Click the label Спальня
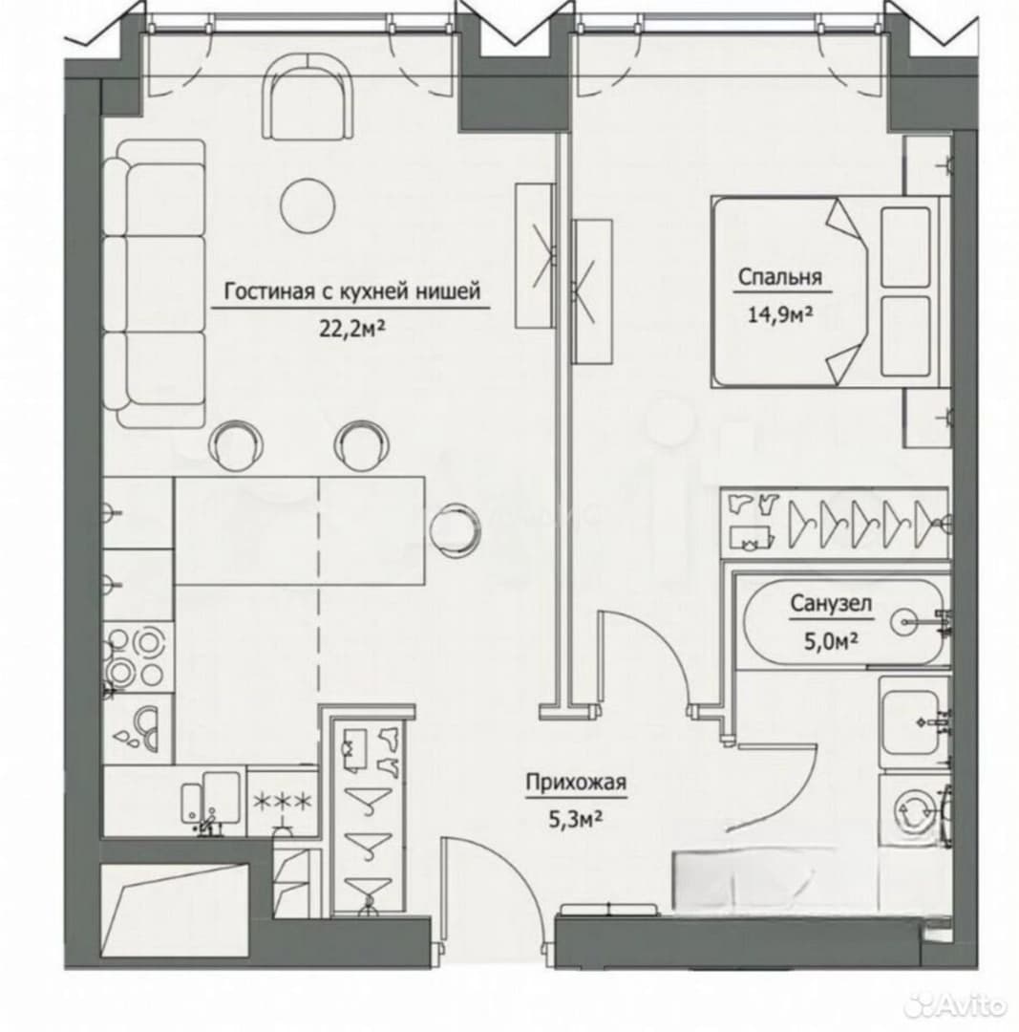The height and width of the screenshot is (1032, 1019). (x=779, y=277)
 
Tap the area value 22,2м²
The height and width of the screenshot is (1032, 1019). (x=352, y=327)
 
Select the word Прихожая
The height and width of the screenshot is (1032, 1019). (x=576, y=783)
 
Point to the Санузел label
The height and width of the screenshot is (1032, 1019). (x=832, y=604)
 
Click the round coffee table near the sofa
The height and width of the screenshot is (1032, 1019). (x=308, y=206)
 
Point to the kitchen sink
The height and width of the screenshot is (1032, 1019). (x=210, y=798)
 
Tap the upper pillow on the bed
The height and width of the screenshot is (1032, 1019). (x=905, y=247)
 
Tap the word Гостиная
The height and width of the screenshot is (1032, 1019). (x=269, y=290)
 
